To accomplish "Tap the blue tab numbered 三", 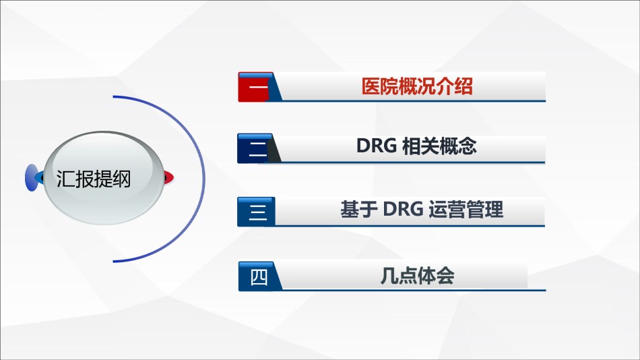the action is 256,212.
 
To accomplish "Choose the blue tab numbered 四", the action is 259,276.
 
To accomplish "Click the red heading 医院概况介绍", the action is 417,86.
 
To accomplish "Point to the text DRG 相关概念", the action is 416,146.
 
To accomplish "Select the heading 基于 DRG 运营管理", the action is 422,209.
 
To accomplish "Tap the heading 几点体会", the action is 417,276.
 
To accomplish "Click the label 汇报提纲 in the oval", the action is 94,179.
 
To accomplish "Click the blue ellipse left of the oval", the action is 32,178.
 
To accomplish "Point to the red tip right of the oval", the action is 169,178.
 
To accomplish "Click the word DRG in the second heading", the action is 377,146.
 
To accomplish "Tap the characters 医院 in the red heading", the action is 380,86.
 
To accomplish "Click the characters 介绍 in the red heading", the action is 455,86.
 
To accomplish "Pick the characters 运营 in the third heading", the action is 447,209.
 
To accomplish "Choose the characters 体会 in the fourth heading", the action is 436,276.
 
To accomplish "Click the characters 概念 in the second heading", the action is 458,146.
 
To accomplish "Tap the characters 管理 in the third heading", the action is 485,209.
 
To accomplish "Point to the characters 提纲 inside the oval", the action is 113,179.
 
